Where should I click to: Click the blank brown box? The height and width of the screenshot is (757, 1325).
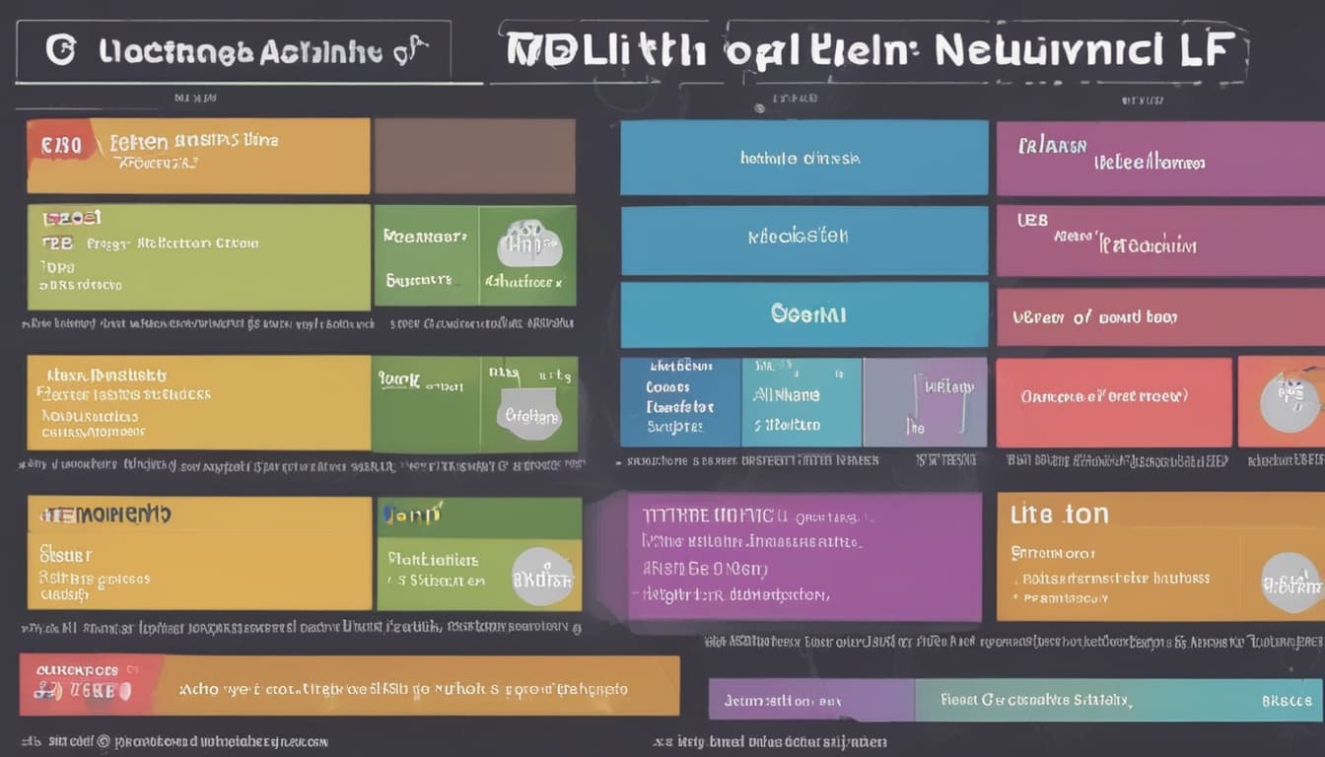[x=474, y=156]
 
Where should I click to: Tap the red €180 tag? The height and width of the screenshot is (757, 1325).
[x=61, y=146]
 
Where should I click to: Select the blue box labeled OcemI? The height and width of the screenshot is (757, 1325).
[x=803, y=314]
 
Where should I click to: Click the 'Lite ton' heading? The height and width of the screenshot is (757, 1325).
[x=1059, y=515]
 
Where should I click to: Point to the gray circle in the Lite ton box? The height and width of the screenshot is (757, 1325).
[x=1290, y=582]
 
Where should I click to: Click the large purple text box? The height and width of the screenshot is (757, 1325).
[x=803, y=557]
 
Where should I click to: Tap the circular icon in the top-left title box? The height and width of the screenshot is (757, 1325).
[x=61, y=50]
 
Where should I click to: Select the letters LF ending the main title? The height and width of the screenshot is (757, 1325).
[x=1209, y=49]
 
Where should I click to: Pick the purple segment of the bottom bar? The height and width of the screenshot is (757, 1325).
[x=810, y=700]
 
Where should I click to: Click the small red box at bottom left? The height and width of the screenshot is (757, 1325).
[x=86, y=684]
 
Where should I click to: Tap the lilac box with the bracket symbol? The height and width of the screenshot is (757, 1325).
[x=925, y=402]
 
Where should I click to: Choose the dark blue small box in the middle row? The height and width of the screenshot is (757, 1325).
[x=679, y=402]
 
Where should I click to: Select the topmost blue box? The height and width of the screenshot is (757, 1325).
[x=803, y=158]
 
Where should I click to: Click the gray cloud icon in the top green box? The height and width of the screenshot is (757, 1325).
[x=528, y=243]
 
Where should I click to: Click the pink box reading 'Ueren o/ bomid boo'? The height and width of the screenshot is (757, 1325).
[x=1159, y=316]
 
